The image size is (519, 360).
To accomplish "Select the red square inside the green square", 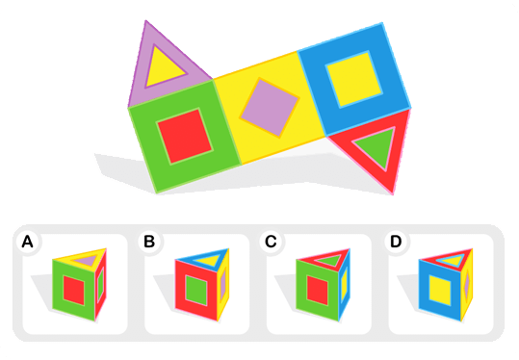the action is point(184,137).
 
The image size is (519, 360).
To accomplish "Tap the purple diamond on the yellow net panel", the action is point(270,108).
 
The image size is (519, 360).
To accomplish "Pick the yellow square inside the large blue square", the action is point(353,79).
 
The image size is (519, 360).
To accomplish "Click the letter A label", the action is point(27,242).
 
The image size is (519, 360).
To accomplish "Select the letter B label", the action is point(149,242).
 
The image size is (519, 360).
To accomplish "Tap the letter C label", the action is point(271,242).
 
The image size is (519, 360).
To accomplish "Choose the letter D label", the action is point(396,242).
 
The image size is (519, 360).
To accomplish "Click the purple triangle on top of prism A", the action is point(87,260).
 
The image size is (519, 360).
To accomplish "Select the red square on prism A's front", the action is point(74,291).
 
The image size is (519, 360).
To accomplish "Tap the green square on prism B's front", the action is point(196,291).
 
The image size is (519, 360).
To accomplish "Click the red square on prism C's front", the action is point(318,291).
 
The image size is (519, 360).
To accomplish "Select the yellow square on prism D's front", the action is point(440,291).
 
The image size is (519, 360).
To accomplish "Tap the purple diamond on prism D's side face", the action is point(467,284).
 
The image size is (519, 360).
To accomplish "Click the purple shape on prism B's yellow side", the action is point(223,284).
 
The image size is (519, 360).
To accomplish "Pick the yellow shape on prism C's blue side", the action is point(345,284).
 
